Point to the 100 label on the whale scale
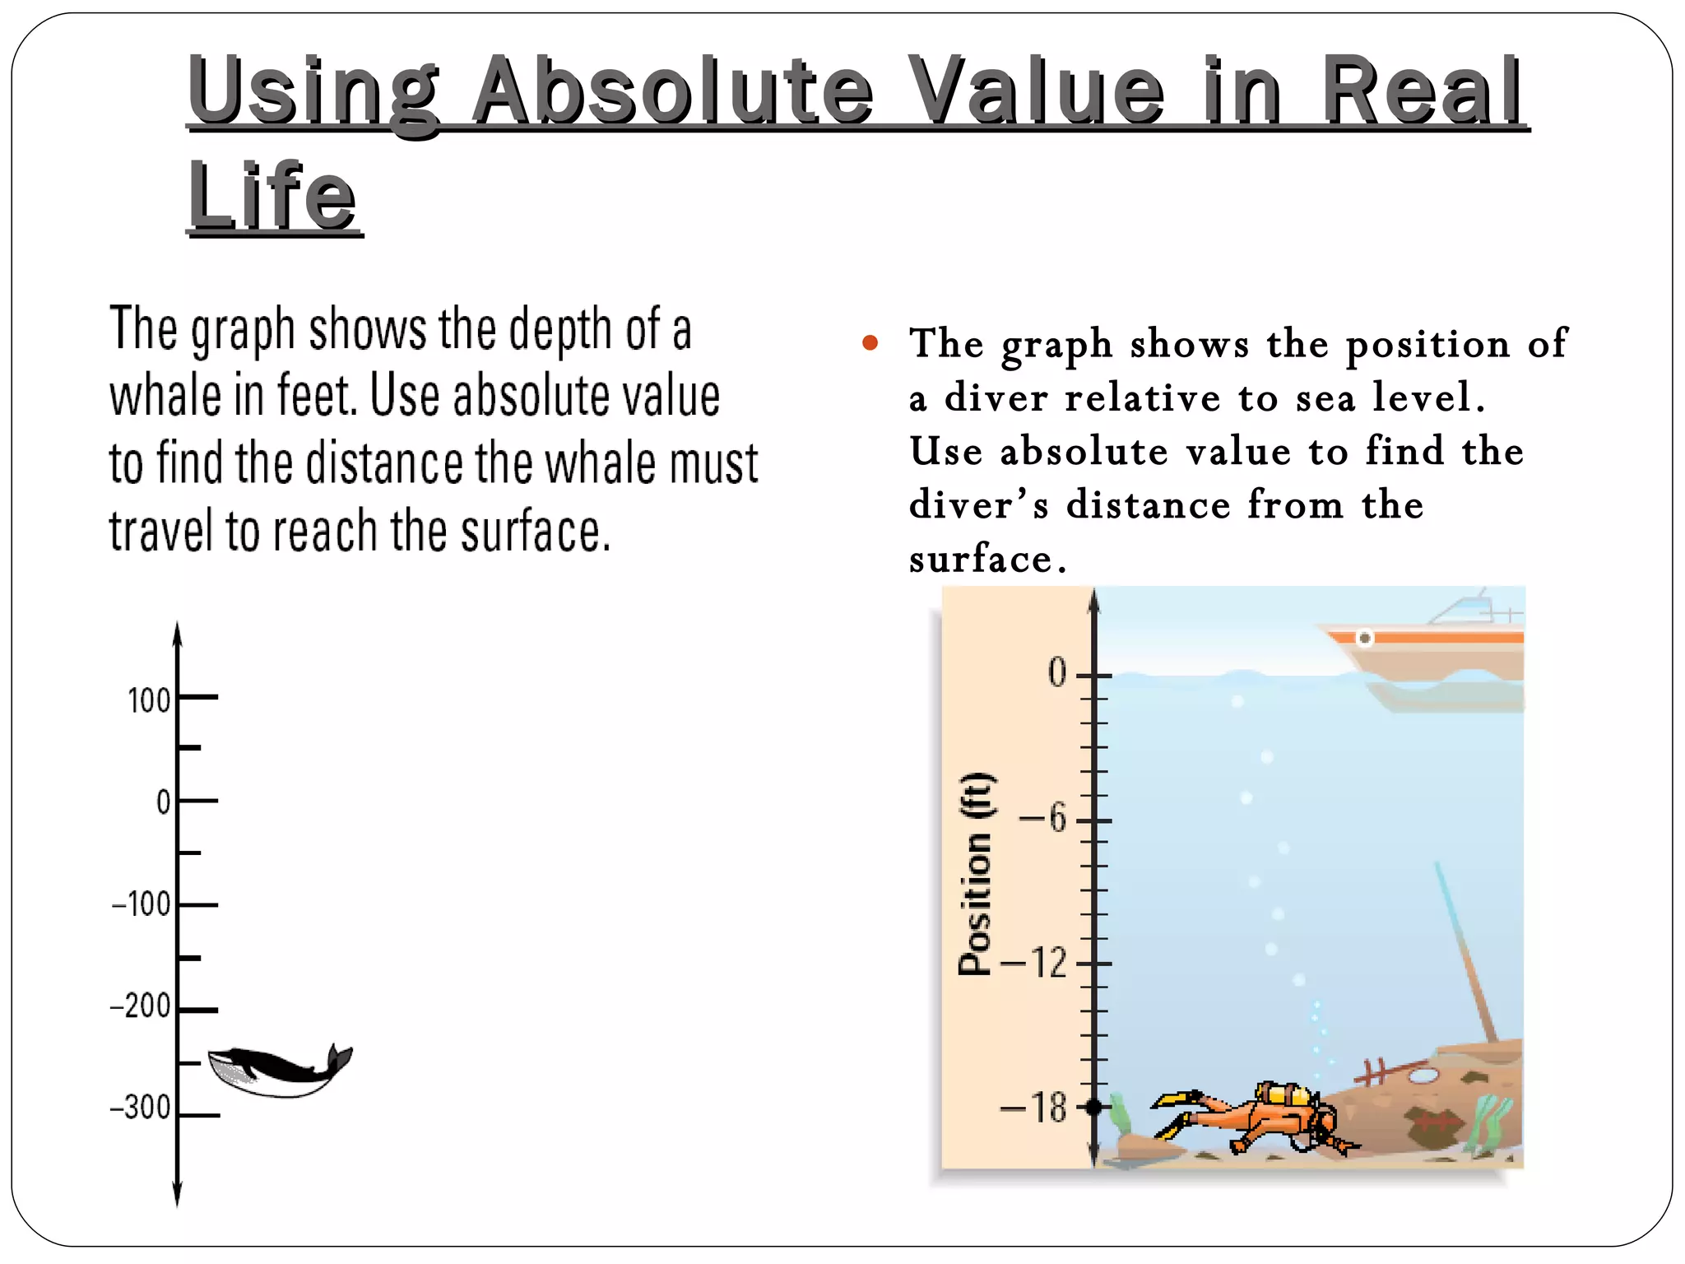click(149, 701)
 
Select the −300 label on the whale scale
click(141, 1108)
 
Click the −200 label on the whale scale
click(141, 1006)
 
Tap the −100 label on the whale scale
click(142, 904)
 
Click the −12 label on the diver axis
click(1034, 962)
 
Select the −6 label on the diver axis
click(1043, 819)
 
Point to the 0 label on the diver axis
click(1057, 673)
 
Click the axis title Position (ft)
click(977, 874)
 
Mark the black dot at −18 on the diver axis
click(1093, 1108)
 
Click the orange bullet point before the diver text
click(870, 342)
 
